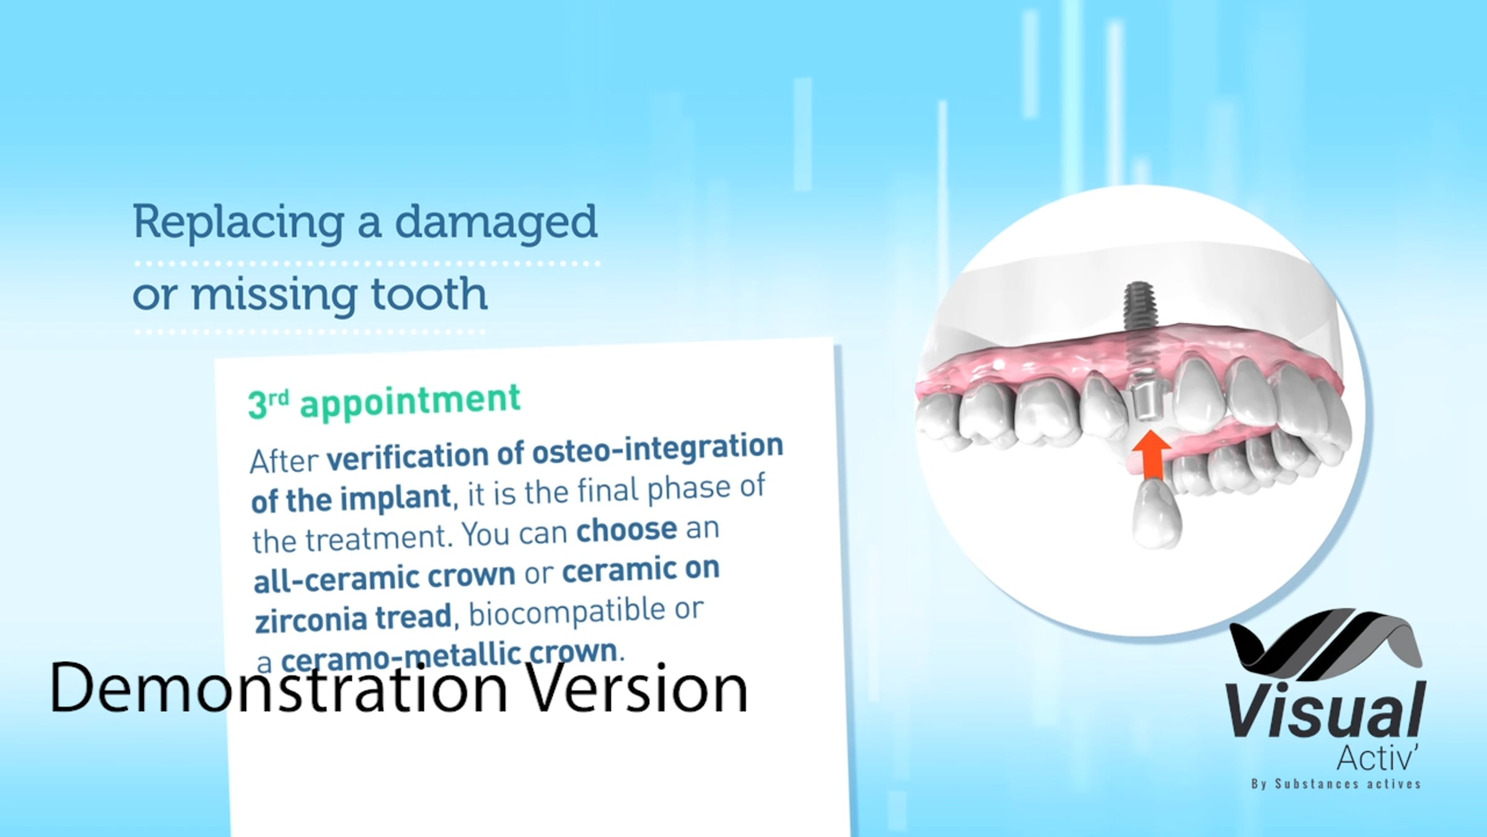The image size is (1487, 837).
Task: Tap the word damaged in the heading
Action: [496, 222]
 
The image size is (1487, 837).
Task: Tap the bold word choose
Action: [626, 529]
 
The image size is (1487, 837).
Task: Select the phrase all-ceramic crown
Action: [384, 577]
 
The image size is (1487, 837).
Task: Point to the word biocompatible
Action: [567, 612]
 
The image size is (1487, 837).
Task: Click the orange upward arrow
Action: [1151, 456]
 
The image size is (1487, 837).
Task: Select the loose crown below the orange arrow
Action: [1156, 514]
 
